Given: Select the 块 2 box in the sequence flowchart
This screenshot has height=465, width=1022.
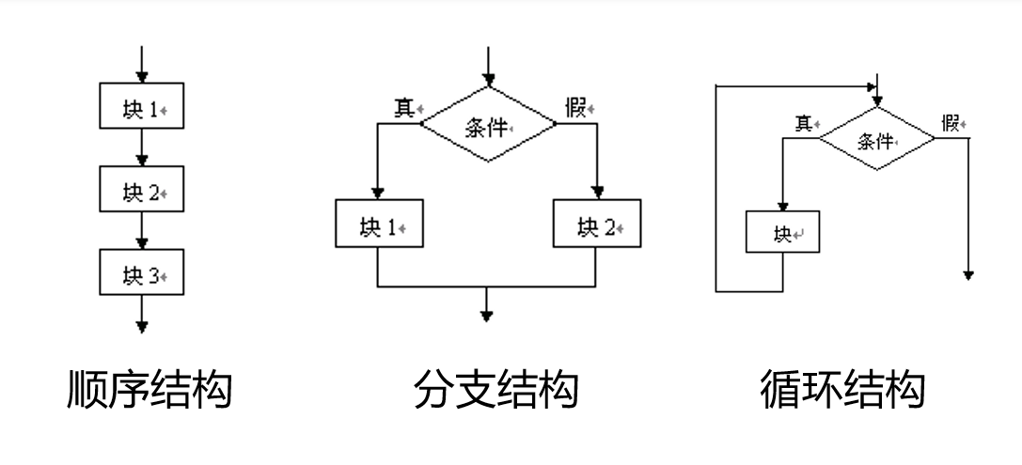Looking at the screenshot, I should pos(141,191).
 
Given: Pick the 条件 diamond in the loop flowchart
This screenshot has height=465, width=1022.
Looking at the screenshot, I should pos(876,138).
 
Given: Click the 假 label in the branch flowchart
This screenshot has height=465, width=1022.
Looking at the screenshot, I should pos(576,107).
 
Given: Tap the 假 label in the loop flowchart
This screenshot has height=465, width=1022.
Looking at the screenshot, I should pos(951,122).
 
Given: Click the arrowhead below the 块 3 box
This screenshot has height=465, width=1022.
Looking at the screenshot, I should pos(142,326).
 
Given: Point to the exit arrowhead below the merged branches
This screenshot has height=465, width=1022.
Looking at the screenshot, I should pos(486,316).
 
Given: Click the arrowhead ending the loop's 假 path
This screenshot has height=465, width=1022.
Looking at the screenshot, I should pos(968,274).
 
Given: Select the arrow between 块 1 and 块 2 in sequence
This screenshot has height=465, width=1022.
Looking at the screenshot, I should pos(141,148).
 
